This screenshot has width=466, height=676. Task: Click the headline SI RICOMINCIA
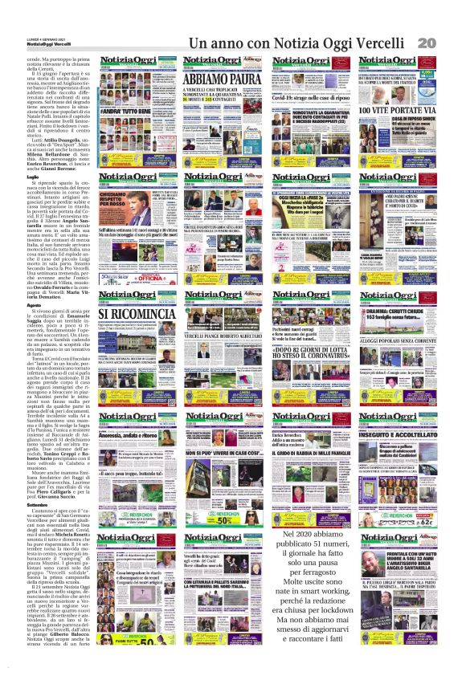point(133,312)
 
